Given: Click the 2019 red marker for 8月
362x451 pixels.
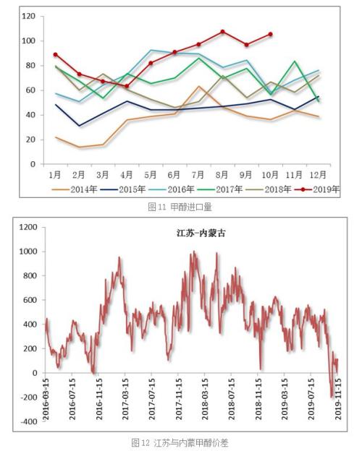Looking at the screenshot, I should tap(223, 32).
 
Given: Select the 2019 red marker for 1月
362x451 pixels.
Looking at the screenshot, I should tap(56, 55).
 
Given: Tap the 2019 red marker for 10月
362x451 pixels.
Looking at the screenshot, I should tap(271, 34).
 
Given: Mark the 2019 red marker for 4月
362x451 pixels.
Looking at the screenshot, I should tap(127, 86).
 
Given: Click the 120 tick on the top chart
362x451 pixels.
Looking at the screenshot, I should tap(28, 16).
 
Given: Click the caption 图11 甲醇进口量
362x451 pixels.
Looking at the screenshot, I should tap(181, 207).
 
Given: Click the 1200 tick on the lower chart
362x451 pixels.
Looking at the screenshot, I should tap(27, 227).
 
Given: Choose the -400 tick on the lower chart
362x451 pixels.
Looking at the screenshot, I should tap(27, 421).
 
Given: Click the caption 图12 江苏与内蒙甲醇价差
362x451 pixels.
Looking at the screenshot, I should tap(181, 441).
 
